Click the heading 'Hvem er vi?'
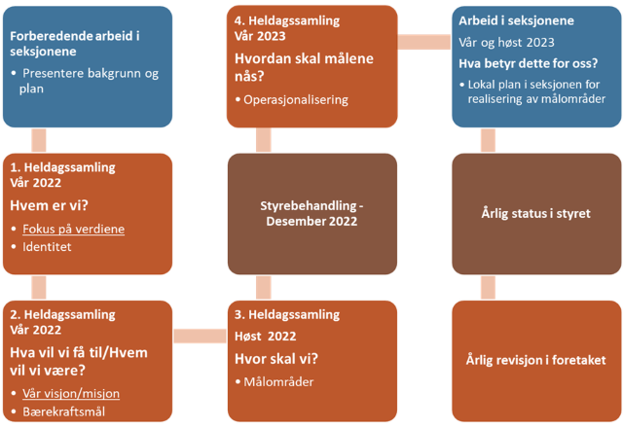click(x=49, y=204)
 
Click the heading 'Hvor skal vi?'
click(x=276, y=357)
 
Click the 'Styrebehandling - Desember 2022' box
click(x=311, y=213)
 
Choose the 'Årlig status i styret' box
click(x=535, y=213)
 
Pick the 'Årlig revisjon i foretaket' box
click(x=535, y=360)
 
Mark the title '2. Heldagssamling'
click(x=62, y=315)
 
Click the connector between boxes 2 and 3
click(x=200, y=337)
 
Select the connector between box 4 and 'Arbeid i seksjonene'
click(x=423, y=42)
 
